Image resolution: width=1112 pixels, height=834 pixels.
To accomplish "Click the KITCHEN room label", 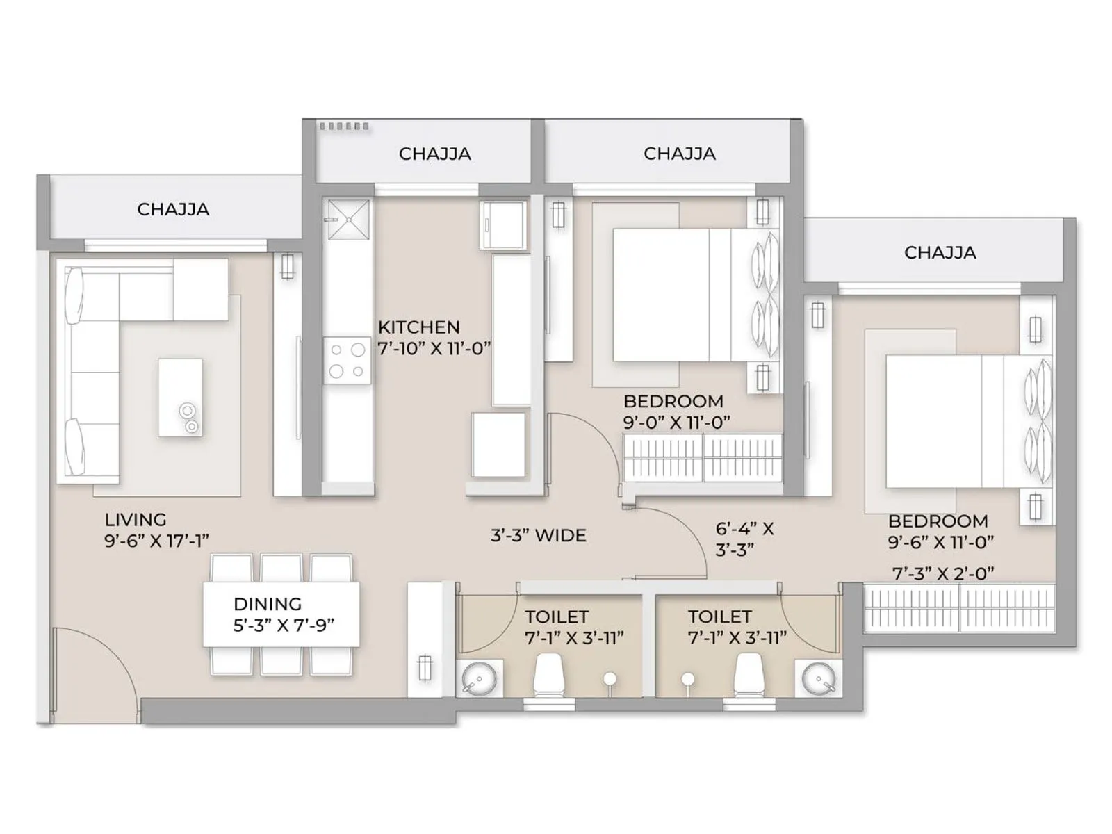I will [418, 327].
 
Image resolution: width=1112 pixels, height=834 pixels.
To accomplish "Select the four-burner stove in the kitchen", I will [347, 361].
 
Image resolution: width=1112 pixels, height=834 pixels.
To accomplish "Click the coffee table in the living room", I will [180, 398].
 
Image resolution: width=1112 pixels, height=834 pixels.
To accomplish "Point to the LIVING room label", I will [136, 520].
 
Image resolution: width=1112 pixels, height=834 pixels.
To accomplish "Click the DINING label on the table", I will [268, 604].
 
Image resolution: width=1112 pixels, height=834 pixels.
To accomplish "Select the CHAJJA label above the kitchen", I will [434, 154].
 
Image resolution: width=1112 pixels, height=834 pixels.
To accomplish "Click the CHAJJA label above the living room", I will [173, 209].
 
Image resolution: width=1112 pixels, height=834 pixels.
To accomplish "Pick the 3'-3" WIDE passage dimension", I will [539, 536].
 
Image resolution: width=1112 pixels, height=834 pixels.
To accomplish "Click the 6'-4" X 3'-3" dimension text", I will [744, 539].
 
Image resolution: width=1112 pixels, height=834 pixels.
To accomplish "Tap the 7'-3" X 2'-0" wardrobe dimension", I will [943, 574].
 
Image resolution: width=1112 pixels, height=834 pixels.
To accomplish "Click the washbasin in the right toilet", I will [817, 678].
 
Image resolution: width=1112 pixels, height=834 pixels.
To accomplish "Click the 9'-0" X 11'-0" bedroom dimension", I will [676, 423].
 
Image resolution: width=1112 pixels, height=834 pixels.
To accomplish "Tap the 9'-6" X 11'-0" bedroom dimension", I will [940, 542].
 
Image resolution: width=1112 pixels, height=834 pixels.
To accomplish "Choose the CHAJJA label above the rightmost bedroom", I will [940, 252].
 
